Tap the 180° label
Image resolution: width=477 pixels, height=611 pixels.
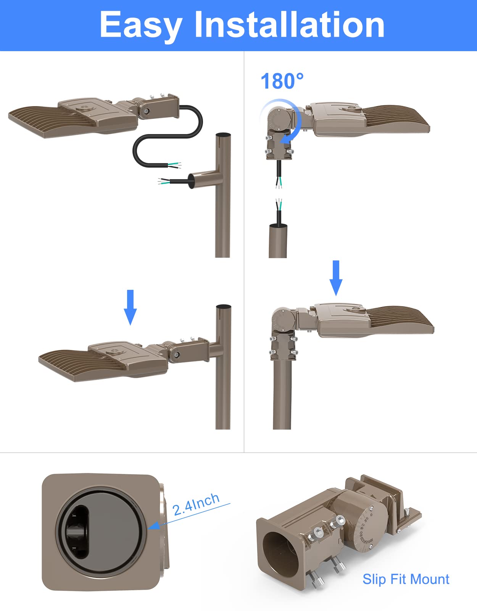(282, 81)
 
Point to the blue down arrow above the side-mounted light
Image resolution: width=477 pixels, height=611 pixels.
(131, 307)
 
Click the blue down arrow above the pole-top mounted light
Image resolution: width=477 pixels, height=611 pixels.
(336, 278)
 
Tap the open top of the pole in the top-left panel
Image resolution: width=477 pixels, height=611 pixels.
(223, 135)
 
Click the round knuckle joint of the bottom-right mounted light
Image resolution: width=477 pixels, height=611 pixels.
(283, 319)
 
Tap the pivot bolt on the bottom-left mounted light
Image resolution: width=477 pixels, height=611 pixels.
(176, 355)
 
